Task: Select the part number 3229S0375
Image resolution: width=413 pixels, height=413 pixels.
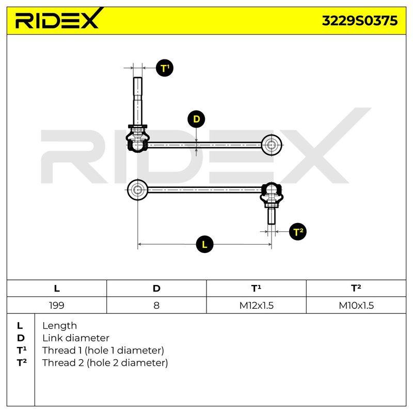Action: [359, 21]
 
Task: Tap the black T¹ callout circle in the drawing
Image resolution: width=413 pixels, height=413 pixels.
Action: [165, 68]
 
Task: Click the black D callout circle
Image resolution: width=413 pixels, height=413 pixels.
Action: [196, 119]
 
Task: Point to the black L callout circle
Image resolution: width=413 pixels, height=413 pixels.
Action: [204, 244]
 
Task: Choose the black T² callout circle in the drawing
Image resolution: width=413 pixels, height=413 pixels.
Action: [298, 232]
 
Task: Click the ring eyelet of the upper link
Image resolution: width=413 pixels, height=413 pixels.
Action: [272, 145]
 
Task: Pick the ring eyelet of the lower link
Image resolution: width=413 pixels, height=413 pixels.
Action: [137, 189]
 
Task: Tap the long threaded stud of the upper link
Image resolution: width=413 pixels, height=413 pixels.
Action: [138, 101]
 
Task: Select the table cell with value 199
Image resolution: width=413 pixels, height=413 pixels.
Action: [57, 305]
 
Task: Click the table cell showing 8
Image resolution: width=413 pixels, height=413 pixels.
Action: [156, 305]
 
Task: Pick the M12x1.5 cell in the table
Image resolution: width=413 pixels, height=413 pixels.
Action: [256, 305]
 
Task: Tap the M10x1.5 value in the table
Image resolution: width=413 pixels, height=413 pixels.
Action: [356, 305]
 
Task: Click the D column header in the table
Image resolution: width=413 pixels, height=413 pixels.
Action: [156, 289]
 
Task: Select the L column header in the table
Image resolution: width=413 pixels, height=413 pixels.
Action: [57, 289]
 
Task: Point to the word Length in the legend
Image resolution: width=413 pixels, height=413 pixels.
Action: [59, 326]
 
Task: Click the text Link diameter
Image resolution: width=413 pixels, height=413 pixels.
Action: [76, 338]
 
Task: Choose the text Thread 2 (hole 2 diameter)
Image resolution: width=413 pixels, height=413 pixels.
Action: [105, 363]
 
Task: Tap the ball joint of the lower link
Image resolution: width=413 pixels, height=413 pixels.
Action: [272, 194]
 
